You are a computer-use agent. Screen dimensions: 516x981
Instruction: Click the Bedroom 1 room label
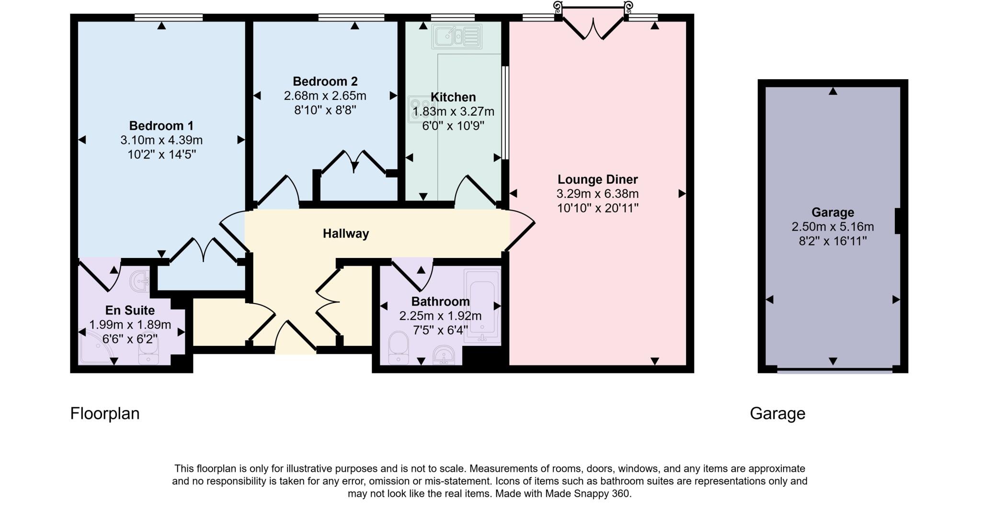pyautogui.click(x=161, y=126)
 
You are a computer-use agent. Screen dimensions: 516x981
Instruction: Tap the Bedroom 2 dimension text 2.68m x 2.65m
pyautogui.click(x=325, y=96)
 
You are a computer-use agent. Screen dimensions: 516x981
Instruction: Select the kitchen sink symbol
pyautogui.click(x=456, y=36)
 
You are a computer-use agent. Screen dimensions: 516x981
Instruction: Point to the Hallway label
pyautogui.click(x=345, y=234)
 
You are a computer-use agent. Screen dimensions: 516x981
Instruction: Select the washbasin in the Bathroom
pyautogui.click(x=444, y=355)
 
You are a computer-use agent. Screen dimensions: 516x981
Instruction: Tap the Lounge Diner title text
pyautogui.click(x=597, y=180)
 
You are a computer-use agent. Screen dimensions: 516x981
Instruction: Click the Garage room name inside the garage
pyautogui.click(x=833, y=212)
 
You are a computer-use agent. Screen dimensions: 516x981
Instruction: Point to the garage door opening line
pyautogui.click(x=834, y=370)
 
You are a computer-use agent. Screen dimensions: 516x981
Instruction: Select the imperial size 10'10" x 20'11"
pyautogui.click(x=597, y=208)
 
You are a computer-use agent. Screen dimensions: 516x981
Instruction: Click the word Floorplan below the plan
pyautogui.click(x=104, y=413)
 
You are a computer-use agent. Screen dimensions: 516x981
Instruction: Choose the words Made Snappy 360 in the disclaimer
pyautogui.click(x=587, y=493)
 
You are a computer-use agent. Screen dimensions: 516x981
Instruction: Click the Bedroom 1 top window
pyautogui.click(x=168, y=18)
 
